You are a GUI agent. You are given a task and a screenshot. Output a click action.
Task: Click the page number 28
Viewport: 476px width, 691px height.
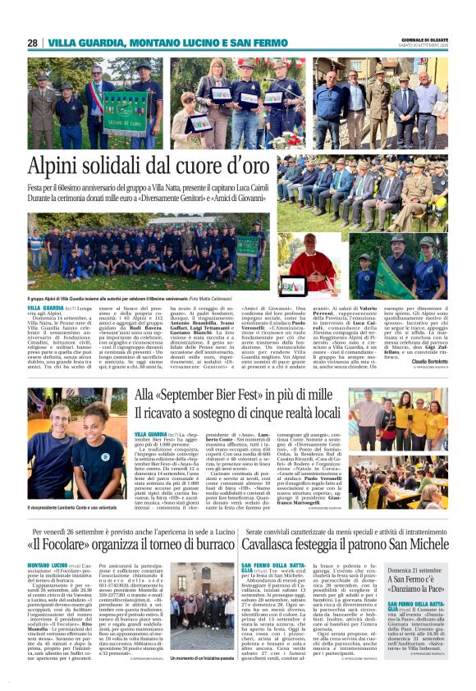(32, 43)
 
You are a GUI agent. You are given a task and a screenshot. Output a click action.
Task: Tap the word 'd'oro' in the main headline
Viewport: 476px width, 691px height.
(241, 167)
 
